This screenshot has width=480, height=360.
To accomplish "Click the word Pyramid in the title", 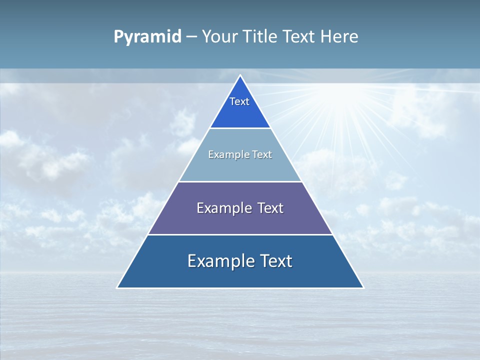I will point(147,37).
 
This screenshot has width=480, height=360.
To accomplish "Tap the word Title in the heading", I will point(260,37).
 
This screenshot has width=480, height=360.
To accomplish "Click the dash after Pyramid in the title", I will point(191,37).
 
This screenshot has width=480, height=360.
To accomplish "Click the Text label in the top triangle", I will point(239,101).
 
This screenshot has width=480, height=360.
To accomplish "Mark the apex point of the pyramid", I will point(240,75).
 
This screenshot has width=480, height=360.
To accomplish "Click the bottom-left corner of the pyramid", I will point(117,287).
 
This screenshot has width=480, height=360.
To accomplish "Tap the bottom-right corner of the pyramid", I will point(363,287).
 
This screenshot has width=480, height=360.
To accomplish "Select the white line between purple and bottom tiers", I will point(240,234).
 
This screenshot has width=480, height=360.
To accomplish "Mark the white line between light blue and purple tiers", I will point(240,181).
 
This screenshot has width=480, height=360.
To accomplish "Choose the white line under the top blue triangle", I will point(240,128).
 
